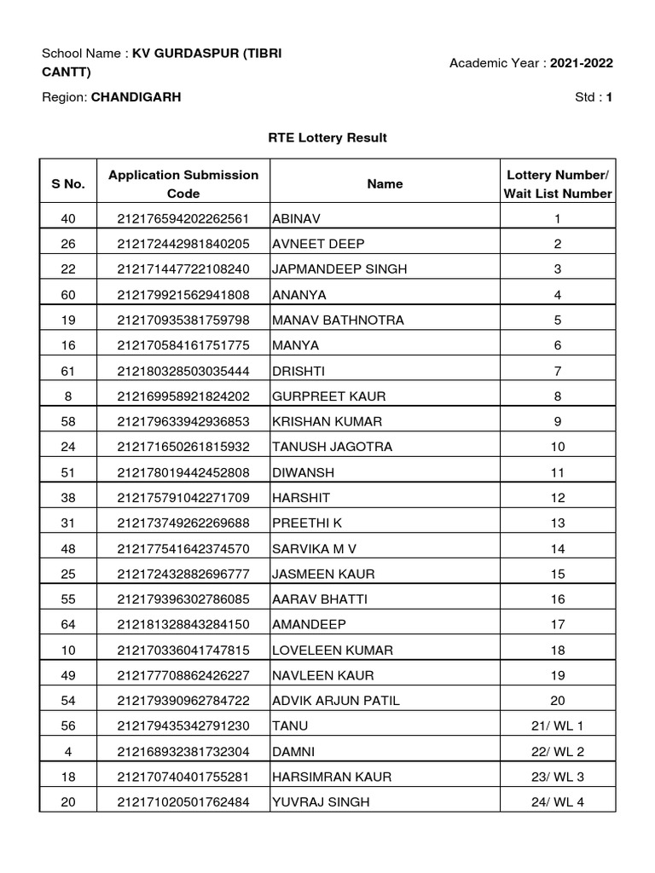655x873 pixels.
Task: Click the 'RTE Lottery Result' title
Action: click(x=327, y=137)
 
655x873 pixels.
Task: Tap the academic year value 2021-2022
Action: click(x=581, y=63)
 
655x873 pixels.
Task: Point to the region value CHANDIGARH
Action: click(x=136, y=97)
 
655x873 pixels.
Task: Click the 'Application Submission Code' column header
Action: click(x=183, y=184)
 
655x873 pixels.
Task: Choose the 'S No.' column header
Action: click(x=68, y=184)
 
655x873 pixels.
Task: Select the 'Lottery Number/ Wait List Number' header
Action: click(x=557, y=184)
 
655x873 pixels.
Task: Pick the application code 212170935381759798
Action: click(x=183, y=321)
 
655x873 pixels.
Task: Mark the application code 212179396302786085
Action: click(x=183, y=599)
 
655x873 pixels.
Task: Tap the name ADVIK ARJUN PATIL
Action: click(x=335, y=701)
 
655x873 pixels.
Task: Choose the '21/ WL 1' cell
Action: click(x=557, y=726)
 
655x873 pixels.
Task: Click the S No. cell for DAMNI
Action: click(x=68, y=751)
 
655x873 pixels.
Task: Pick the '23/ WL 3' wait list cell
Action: click(x=557, y=777)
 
